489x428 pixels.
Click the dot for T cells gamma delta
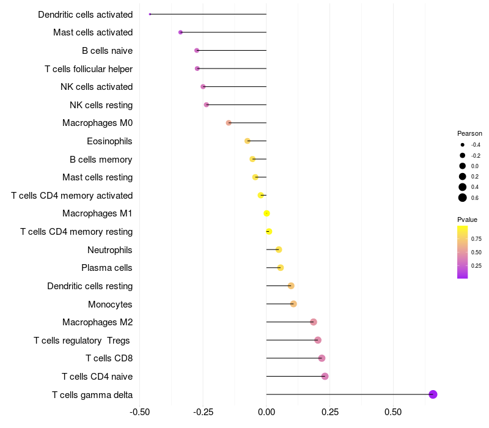click(433, 394)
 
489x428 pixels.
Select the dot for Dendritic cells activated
click(150, 14)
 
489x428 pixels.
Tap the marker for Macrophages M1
click(267, 213)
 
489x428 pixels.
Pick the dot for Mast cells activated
click(180, 32)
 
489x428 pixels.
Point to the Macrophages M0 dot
click(229, 123)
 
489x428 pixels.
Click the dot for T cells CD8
click(322, 358)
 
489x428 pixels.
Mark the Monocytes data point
click(293, 304)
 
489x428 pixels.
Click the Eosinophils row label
click(109, 141)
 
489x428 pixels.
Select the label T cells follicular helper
click(89, 68)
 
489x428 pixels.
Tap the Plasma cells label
click(107, 268)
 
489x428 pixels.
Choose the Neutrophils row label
click(110, 249)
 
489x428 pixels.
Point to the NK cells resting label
click(101, 105)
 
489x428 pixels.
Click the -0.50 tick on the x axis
click(140, 412)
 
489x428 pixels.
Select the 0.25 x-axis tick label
click(329, 412)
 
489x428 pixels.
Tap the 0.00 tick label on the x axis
click(267, 412)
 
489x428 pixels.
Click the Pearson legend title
click(469, 133)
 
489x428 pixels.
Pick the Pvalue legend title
click(467, 220)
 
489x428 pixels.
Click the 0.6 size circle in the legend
click(463, 197)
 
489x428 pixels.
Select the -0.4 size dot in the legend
click(463, 145)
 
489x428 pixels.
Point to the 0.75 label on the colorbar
click(476, 238)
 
